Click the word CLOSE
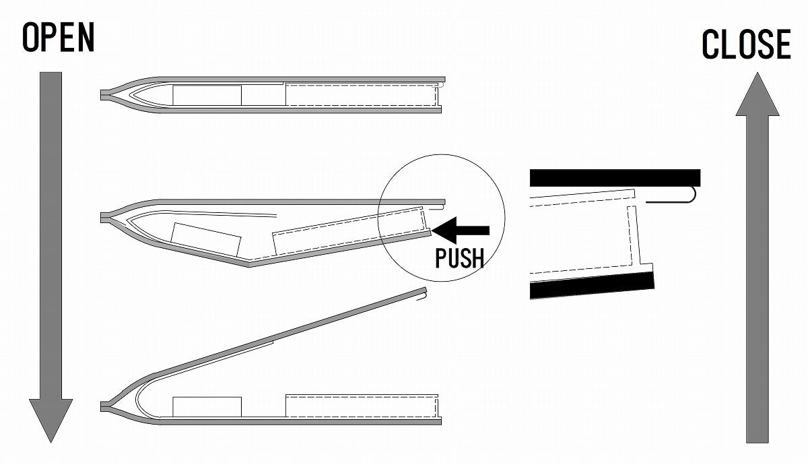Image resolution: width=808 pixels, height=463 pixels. click(746, 44)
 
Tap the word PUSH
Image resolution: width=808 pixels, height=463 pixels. click(459, 257)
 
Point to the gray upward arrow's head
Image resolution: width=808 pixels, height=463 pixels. click(757, 94)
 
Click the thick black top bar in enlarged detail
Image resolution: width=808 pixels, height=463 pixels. click(615, 177)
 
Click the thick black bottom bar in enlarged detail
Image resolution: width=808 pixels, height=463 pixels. click(593, 284)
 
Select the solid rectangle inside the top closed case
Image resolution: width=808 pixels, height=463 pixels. click(207, 95)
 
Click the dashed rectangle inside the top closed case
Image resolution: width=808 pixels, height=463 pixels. click(361, 95)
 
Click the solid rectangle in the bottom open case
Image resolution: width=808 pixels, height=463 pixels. click(207, 406)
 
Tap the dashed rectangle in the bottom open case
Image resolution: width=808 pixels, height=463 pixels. click(361, 406)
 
